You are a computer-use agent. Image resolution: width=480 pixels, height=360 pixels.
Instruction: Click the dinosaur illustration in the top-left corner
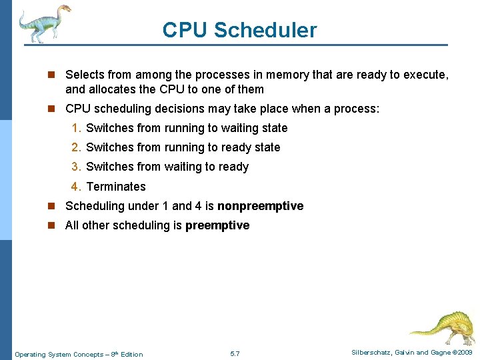(44, 23)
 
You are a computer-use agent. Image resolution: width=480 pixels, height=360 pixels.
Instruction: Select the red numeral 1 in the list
(77, 128)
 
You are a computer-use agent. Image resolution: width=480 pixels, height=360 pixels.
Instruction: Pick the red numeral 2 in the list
(77, 147)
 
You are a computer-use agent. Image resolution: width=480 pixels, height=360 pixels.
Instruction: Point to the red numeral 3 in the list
(77, 167)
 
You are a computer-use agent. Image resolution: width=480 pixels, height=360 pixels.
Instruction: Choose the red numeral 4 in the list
(77, 187)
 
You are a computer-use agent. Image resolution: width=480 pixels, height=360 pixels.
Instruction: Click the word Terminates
(116, 187)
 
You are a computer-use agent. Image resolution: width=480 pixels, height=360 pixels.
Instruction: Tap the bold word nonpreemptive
(260, 206)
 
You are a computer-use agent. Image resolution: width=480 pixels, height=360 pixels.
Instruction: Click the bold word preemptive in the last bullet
(217, 225)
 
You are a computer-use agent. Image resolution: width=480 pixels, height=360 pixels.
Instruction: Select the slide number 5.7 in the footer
(235, 353)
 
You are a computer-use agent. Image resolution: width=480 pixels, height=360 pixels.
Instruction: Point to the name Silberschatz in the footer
(374, 353)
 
